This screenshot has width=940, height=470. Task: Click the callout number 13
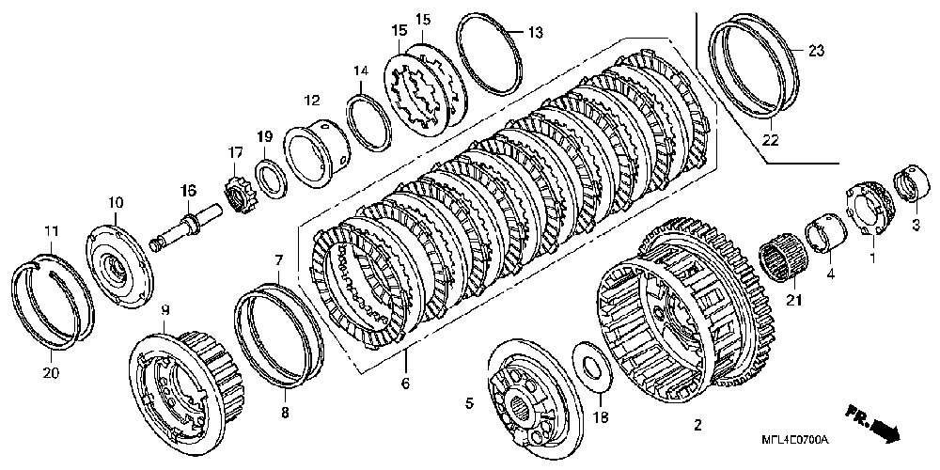tap(535, 34)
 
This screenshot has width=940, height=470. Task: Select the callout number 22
tap(771, 141)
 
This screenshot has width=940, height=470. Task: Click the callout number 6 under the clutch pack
tap(405, 384)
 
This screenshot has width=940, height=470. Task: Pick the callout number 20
tap(51, 373)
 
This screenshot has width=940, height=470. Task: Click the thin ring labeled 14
tap(369, 119)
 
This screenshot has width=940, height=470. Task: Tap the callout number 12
tap(312, 100)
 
